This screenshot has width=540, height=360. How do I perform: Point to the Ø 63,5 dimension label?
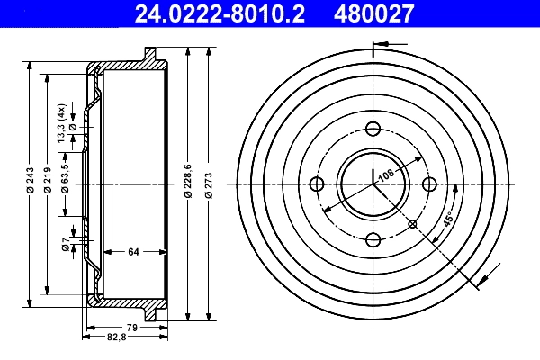click(x=66, y=175)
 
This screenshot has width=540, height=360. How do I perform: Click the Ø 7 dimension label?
click(x=66, y=244)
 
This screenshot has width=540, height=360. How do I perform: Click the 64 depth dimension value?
click(x=132, y=252)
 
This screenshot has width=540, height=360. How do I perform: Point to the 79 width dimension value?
click(x=130, y=326)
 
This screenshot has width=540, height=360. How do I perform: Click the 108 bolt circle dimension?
click(x=385, y=174)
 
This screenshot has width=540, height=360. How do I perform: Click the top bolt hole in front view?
click(x=373, y=129)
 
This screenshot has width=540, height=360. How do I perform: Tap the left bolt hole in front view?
click(x=317, y=184)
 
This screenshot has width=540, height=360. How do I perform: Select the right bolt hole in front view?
click(x=428, y=184)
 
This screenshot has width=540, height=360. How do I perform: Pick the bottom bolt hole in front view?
click(x=373, y=239)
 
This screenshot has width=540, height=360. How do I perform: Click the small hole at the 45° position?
click(x=412, y=223)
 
